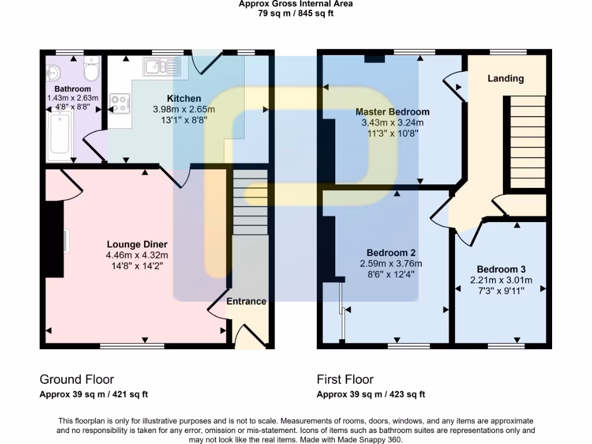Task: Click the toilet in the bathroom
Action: pyautogui.click(x=91, y=69)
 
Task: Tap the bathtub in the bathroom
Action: pyautogui.click(x=60, y=136)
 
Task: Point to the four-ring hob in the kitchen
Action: pyautogui.click(x=120, y=103)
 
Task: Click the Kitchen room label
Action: pyautogui.click(x=184, y=98)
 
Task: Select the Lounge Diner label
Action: pyautogui.click(x=136, y=244)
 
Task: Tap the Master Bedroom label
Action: pyautogui.click(x=392, y=112)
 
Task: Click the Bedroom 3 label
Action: pyautogui.click(x=501, y=269)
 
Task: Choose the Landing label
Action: pyautogui.click(x=505, y=79)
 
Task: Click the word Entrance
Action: pyautogui.click(x=246, y=301)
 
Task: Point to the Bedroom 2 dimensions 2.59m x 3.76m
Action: pyautogui.click(x=391, y=264)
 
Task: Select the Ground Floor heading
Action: pyautogui.click(x=76, y=379)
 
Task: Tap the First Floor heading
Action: pyautogui.click(x=345, y=379)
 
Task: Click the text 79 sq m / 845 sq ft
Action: pyautogui.click(x=295, y=14)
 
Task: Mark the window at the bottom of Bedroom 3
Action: pyautogui.click(x=501, y=346)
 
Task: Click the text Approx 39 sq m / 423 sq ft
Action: pyautogui.click(x=371, y=395)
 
